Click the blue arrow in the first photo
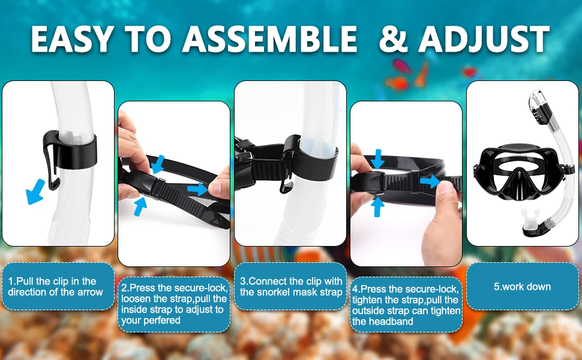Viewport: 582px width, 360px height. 35,191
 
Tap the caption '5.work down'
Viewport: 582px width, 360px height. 522,287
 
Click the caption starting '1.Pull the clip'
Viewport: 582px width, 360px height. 55,287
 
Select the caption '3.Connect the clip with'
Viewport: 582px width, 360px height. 291,281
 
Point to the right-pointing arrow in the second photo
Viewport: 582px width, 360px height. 197,188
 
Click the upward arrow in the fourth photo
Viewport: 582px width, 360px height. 377,207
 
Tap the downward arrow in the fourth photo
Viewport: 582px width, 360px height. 378,159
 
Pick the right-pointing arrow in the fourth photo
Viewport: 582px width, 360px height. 430,181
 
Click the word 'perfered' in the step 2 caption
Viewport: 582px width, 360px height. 151,320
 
